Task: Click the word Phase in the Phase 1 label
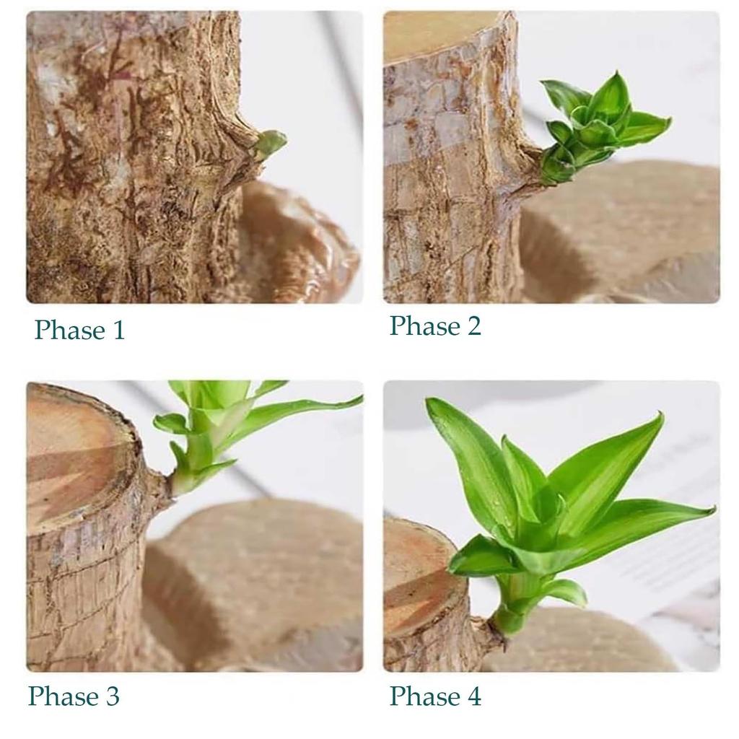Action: click(x=69, y=331)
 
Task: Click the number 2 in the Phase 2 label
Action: click(x=472, y=326)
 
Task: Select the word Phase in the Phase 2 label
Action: click(x=424, y=326)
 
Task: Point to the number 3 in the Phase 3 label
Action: click(x=111, y=696)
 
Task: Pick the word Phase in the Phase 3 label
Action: click(x=64, y=696)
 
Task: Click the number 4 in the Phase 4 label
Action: click(x=472, y=696)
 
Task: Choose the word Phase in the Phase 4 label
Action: click(x=424, y=696)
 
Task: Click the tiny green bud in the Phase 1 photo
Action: click(x=270, y=142)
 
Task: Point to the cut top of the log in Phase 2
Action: click(x=433, y=32)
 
